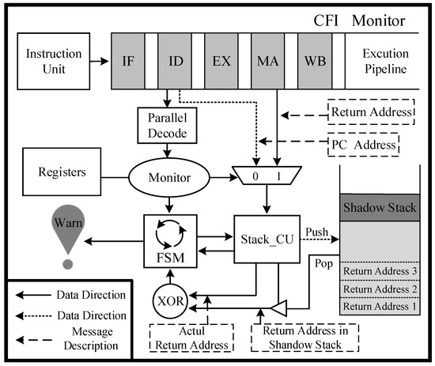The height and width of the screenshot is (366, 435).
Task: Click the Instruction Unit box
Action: coord(54,62)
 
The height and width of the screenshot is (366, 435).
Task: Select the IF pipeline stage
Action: coord(128,62)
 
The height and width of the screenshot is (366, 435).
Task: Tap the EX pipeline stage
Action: coord(221,62)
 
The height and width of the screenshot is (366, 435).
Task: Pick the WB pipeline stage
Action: coord(315,62)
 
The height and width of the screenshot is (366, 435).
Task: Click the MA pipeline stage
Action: coord(267,62)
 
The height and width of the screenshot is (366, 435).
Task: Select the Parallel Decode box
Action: coord(168,126)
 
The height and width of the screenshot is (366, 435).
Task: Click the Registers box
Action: coord(62,172)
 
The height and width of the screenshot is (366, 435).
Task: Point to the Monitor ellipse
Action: coord(169,178)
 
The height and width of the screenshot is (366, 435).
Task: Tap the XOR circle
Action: coord(170,301)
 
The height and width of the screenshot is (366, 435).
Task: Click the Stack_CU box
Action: coord(267,239)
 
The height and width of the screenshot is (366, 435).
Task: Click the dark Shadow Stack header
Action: coord(380,207)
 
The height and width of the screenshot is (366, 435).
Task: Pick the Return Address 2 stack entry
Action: coord(380,289)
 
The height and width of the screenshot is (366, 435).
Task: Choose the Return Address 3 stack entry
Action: coord(380,271)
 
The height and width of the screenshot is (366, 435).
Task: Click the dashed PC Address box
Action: coord(364,145)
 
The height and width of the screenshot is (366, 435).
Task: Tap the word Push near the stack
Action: coord(317,232)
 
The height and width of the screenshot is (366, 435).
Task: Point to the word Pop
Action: coord(323,264)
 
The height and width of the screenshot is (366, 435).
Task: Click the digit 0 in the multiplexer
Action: coord(255,176)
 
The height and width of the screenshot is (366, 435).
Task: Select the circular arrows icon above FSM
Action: coord(171,234)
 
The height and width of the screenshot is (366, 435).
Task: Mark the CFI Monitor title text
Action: coord(359,21)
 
